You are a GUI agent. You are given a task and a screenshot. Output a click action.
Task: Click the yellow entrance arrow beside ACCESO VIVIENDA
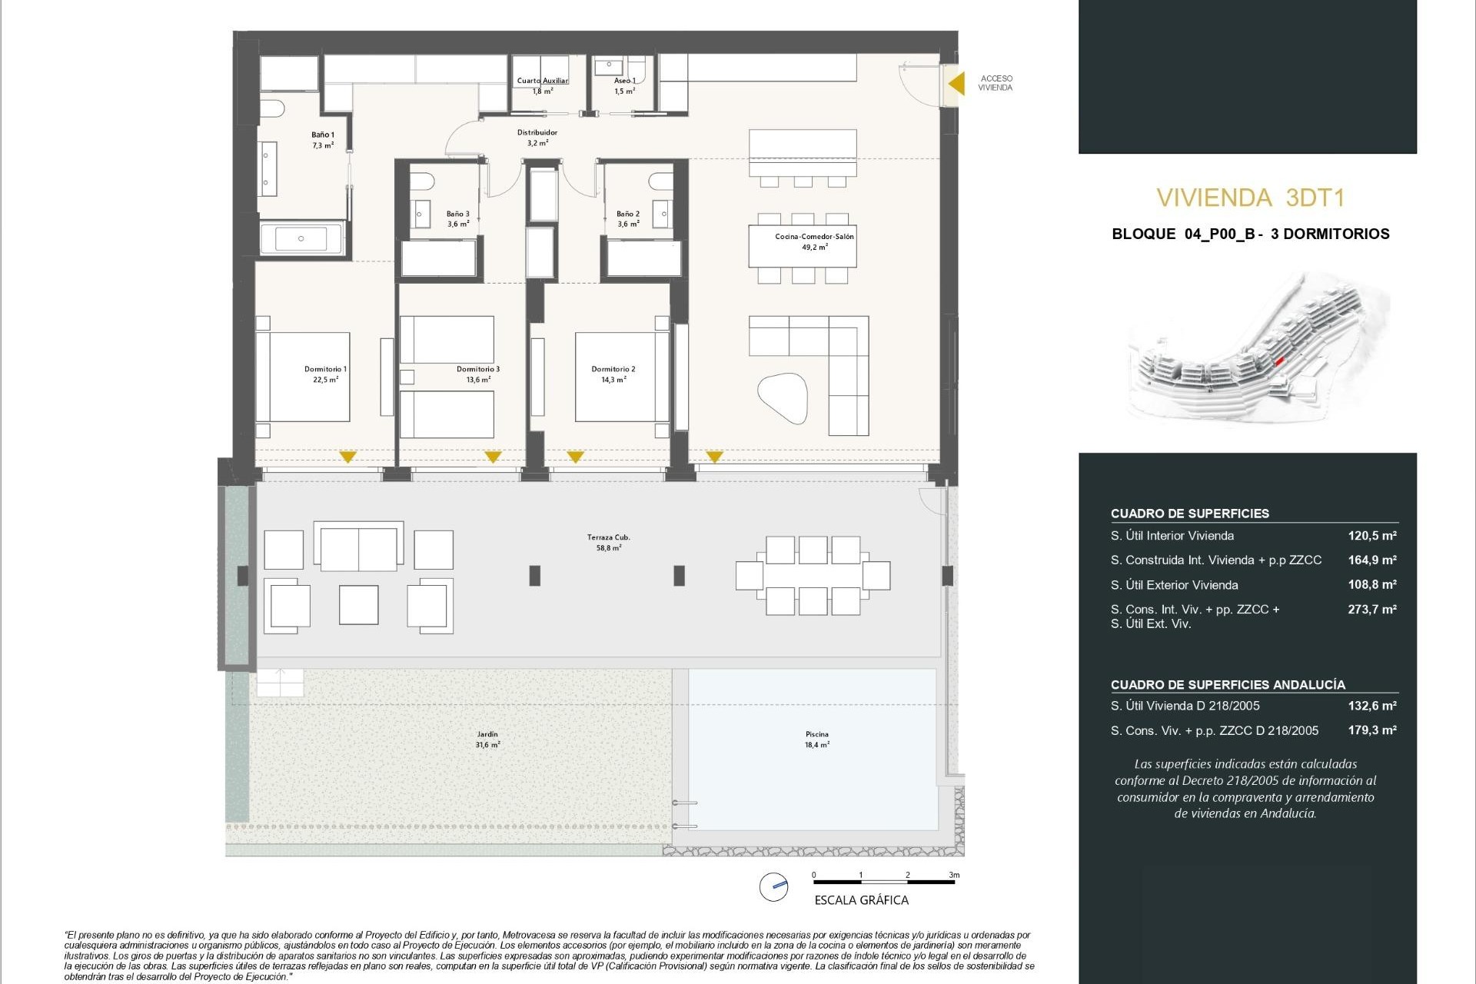tap(956, 83)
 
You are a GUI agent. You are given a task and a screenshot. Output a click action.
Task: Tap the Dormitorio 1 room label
tap(325, 374)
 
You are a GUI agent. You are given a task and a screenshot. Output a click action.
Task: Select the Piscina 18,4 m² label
tap(816, 739)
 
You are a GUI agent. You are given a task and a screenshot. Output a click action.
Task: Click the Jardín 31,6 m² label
tap(487, 739)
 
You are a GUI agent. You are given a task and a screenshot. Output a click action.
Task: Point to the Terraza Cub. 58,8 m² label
tap(608, 543)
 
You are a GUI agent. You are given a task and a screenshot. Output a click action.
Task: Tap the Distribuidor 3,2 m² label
tap(537, 138)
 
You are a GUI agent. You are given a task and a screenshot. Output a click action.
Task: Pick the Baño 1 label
tap(323, 139)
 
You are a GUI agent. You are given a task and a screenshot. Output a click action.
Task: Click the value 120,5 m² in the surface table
tap(1371, 536)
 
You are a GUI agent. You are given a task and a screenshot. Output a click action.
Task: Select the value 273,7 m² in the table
tap(1371, 610)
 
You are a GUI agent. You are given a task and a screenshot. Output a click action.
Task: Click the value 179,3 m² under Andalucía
tap(1371, 730)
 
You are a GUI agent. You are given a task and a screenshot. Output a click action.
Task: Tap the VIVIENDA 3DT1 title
tap(1250, 198)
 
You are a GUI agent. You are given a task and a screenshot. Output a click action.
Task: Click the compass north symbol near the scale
tap(773, 886)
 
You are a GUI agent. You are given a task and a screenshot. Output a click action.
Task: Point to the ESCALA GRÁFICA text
tap(861, 900)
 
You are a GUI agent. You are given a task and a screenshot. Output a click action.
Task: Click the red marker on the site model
tap(1279, 361)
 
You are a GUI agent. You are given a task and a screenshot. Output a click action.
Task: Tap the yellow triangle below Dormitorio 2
tap(575, 457)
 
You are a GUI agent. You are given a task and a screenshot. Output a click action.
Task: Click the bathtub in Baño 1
tap(301, 238)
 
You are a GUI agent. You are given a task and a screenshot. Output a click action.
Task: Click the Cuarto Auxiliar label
tap(543, 81)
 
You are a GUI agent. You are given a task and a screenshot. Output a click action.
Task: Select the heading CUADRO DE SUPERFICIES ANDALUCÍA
tap(1227, 685)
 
